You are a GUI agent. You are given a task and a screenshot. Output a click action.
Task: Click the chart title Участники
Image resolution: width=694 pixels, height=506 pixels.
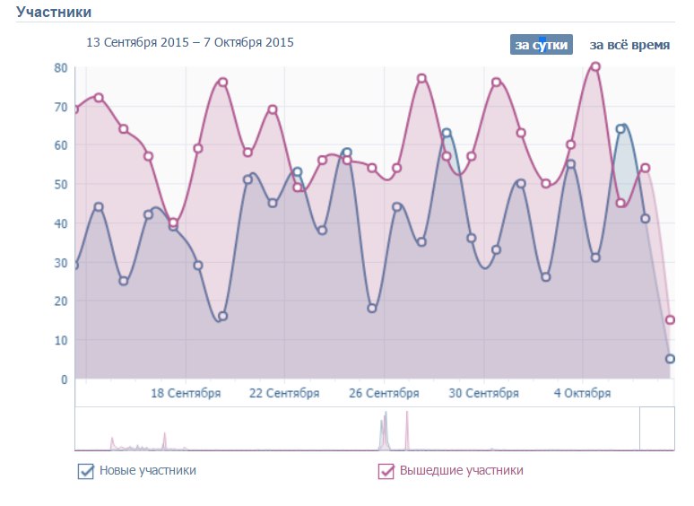tap(54, 12)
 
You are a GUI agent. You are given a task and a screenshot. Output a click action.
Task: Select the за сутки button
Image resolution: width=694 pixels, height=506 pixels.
tap(541, 45)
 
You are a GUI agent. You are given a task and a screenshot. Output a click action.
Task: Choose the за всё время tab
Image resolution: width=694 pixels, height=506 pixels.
tap(629, 45)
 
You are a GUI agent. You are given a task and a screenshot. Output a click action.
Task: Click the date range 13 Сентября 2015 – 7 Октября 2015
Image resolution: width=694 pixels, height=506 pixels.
tap(189, 42)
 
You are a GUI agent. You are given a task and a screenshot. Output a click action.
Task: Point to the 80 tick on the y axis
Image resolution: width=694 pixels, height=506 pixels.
tap(61, 67)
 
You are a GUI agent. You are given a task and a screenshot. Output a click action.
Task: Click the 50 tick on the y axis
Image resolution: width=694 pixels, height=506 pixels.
tap(61, 184)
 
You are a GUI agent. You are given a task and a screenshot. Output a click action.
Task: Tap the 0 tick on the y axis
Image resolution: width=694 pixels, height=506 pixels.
tap(65, 379)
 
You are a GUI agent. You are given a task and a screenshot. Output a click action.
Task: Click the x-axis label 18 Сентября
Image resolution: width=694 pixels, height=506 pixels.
tap(186, 393)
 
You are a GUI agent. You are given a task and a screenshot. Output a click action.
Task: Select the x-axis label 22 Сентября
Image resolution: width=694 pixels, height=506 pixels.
tap(284, 393)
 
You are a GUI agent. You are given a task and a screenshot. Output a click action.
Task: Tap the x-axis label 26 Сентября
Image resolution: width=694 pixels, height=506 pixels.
tap(384, 393)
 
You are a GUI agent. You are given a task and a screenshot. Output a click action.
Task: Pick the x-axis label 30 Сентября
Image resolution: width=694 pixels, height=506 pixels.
tap(483, 393)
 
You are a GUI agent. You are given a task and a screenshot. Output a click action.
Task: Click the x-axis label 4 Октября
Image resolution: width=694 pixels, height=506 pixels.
tap(582, 393)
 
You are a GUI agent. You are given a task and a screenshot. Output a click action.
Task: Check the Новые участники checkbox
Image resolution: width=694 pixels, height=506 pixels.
tap(86, 471)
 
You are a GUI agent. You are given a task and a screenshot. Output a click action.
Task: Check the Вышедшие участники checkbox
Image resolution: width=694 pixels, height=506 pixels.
tap(386, 471)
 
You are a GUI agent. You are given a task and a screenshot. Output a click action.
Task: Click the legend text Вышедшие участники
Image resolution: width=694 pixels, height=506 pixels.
tap(461, 470)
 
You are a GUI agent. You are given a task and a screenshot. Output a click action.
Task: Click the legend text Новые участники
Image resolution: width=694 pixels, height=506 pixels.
tap(148, 470)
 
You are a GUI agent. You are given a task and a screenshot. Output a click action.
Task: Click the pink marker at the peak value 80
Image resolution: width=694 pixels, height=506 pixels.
tap(595, 67)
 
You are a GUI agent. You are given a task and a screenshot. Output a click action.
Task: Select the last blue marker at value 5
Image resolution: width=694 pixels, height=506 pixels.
tap(670, 359)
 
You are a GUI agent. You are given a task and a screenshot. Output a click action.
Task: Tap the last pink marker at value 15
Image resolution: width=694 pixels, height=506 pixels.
tap(670, 320)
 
